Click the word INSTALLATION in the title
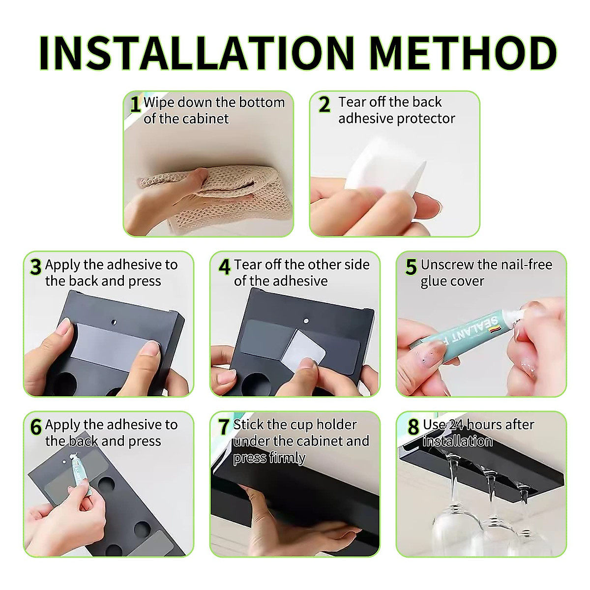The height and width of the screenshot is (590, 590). point(196,53)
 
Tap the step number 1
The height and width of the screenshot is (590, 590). point(135,104)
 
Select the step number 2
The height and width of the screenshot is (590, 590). point(324,104)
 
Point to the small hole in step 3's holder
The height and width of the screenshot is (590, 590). point(114,322)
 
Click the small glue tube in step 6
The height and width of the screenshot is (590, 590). point(81,473)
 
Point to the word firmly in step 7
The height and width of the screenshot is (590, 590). point(288,458)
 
